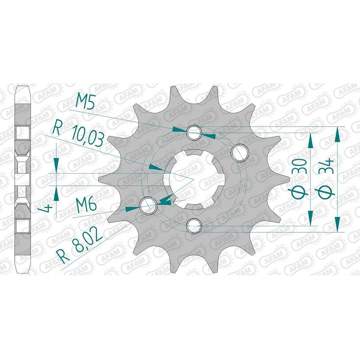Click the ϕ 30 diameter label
click(299, 178)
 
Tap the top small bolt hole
click(194, 133)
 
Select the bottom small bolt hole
click(194, 226)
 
